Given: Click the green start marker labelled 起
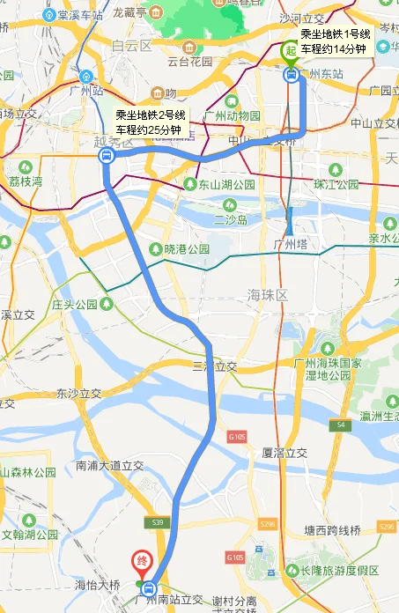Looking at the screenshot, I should click(289, 51).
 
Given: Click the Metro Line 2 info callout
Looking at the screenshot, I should click(151, 122).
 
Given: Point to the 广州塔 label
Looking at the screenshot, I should click(290, 244).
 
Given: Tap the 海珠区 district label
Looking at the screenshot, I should click(268, 295).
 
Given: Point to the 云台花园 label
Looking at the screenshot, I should click(189, 63).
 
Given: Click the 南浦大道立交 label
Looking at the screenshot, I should click(110, 465).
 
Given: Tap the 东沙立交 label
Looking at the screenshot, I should click(78, 393).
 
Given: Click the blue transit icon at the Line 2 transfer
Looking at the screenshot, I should click(106, 157).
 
